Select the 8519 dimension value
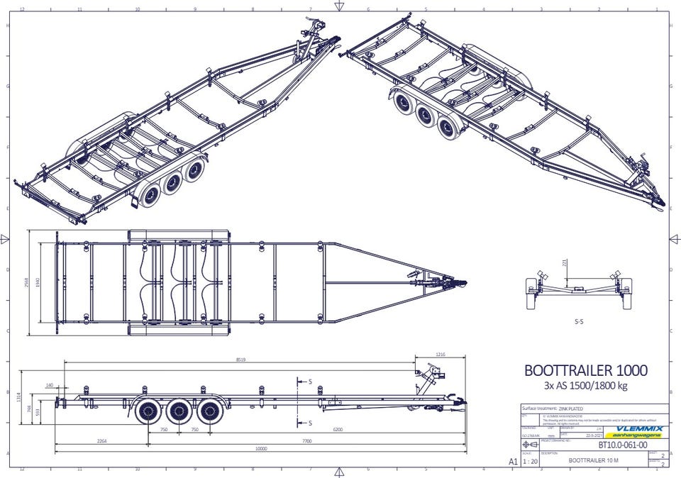(241, 360)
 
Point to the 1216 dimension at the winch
(440, 354)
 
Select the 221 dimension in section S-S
(565, 264)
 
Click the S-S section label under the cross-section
(579, 321)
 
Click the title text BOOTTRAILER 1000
(585, 370)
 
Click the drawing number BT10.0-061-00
(622, 445)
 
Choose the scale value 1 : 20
(529, 460)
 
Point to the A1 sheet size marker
(513, 460)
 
